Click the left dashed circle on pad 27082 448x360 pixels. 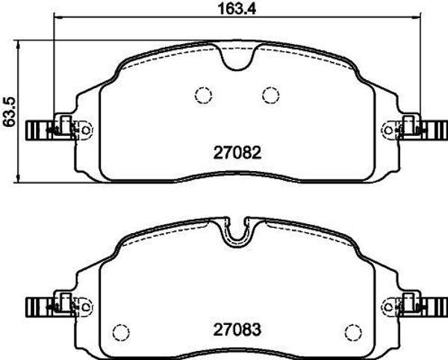click(x=202, y=95)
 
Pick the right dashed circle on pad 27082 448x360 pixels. click(x=270, y=95)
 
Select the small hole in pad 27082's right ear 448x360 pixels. click(x=387, y=130)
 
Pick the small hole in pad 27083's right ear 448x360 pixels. click(x=387, y=306)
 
